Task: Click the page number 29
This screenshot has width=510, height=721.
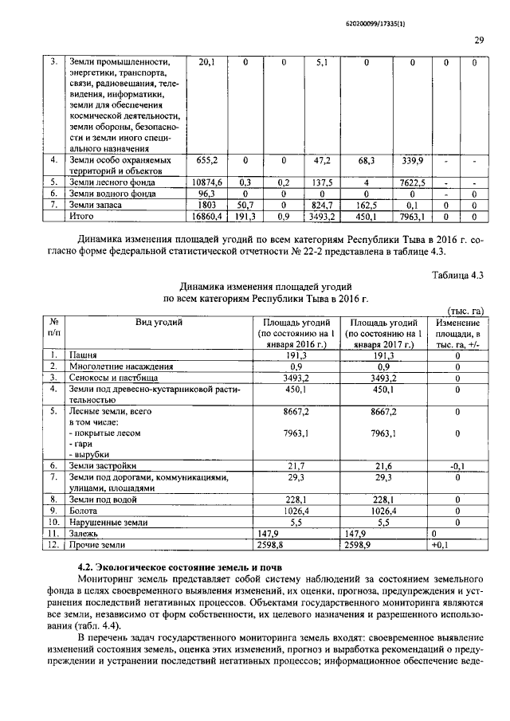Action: point(479,40)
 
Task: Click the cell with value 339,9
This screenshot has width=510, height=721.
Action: point(410,160)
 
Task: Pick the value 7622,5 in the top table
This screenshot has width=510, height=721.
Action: point(412,182)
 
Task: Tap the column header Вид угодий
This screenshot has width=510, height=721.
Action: point(159,322)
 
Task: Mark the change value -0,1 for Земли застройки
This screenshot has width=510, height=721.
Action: point(457,465)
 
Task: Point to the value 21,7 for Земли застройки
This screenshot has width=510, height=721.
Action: point(296,465)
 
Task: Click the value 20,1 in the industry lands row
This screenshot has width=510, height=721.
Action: point(206,63)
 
